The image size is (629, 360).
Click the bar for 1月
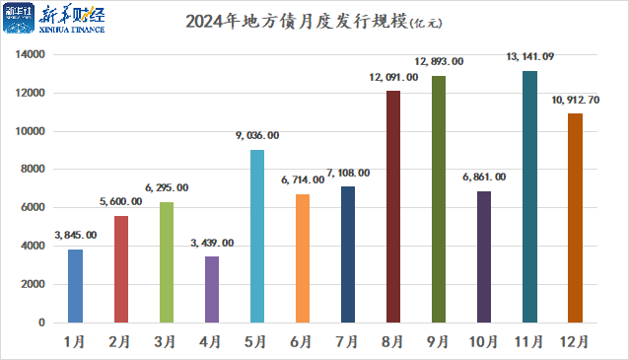pyautogui.click(x=75, y=286)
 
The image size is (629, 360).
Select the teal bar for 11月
pyautogui.click(x=529, y=197)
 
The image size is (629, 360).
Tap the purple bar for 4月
pyautogui.click(x=211, y=289)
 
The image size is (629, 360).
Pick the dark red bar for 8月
pyautogui.click(x=393, y=207)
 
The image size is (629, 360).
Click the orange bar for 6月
pyautogui.click(x=303, y=258)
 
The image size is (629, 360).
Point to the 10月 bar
pyautogui.click(x=484, y=256)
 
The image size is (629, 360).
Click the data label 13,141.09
pyautogui.click(x=529, y=59)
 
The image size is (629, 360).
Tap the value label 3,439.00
pyautogui.click(x=211, y=243)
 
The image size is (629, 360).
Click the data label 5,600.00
pyautogui.click(x=120, y=202)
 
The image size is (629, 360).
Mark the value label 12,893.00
pyautogui.click(x=439, y=62)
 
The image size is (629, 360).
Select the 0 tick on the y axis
pyautogui.click(x=41, y=323)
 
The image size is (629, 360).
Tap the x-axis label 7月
pyautogui.click(x=348, y=341)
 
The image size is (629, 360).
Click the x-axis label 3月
pyautogui.click(x=166, y=341)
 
